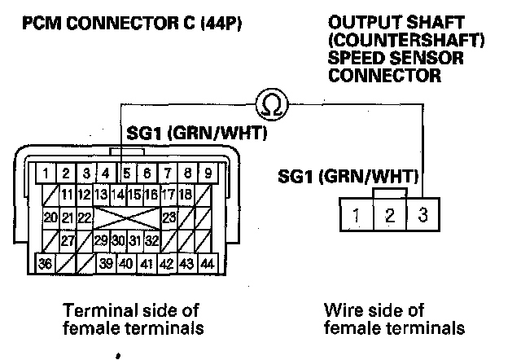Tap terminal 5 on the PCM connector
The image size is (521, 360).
[127, 173]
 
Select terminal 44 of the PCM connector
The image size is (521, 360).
[208, 263]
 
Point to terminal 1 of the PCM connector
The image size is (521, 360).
[49, 173]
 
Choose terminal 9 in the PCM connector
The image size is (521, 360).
[208, 173]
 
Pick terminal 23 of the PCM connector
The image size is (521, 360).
[169, 217]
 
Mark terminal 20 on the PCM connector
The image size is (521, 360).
[50, 217]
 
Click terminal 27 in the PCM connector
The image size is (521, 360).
[68, 240]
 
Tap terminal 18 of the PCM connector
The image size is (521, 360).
[187, 195]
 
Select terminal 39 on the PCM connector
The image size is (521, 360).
[106, 263]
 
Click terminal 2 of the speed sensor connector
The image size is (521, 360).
[389, 217]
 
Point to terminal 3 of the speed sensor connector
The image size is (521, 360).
[421, 217]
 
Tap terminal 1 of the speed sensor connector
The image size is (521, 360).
[357, 217]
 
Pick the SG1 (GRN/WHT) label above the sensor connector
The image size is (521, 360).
[357, 176]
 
